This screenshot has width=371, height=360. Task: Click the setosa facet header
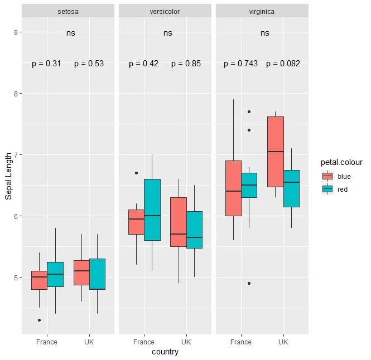[x=68, y=11]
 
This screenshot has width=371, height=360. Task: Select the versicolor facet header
[x=165, y=11]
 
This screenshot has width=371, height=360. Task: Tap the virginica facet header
[x=262, y=11]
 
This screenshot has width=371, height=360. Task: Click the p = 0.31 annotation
[x=46, y=64]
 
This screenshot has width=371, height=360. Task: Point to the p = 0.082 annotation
[x=283, y=64]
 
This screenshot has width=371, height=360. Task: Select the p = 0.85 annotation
[x=186, y=64]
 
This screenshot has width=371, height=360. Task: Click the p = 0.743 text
[x=240, y=64]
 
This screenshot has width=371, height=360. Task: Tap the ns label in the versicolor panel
[x=168, y=33]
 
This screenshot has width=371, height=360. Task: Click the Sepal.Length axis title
[x=8, y=177]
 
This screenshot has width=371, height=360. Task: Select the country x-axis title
[x=165, y=352]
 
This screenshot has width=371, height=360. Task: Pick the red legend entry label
[x=343, y=189]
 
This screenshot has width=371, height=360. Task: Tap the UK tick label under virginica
[x=283, y=342]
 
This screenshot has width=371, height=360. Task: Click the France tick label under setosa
[x=46, y=342]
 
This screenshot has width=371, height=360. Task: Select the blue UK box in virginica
[x=276, y=152]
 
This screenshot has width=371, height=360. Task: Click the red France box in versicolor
[x=152, y=210]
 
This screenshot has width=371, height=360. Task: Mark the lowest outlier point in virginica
[x=249, y=283]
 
